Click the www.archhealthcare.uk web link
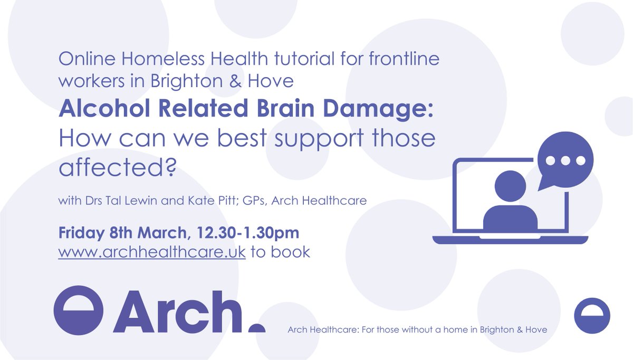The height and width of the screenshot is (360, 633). pos(152,252)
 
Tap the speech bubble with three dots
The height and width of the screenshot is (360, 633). pos(565,160)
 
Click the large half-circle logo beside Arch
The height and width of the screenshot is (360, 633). pos(78,310)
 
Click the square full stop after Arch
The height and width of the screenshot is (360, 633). pos(257,328)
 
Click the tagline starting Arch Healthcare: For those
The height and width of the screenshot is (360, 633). pos(417,330)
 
